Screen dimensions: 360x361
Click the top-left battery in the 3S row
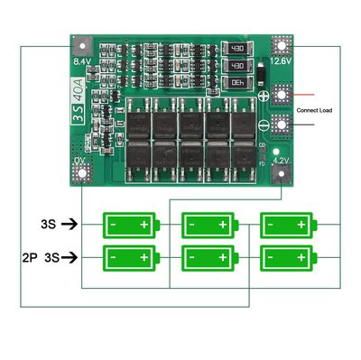[x=131, y=223]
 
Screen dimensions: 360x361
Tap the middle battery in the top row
[x=208, y=223]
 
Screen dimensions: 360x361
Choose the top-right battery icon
[x=287, y=223]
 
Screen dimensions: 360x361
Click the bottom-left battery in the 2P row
[x=131, y=257]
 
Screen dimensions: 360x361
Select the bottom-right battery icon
[x=287, y=257]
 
